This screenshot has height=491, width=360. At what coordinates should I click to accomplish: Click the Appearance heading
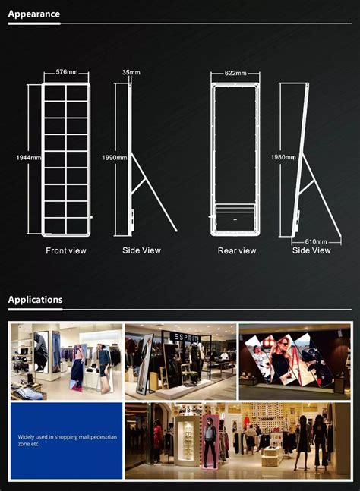(x=33, y=14)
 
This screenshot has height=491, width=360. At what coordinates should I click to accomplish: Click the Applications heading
(x=35, y=300)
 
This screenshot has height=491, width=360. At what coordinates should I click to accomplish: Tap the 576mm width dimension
(x=66, y=73)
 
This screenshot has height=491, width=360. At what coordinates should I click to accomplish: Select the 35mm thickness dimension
(x=131, y=73)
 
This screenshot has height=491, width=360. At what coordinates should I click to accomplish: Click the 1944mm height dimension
(x=28, y=157)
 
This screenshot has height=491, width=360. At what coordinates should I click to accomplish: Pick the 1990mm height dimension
(x=113, y=157)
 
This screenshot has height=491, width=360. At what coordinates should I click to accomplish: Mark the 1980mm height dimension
(x=283, y=157)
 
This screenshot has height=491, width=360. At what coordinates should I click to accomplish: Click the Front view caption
(x=66, y=250)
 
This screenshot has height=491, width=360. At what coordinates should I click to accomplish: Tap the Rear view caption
(x=236, y=250)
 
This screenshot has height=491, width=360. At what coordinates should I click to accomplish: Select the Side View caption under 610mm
(x=311, y=250)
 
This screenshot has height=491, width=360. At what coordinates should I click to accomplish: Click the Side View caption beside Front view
(x=141, y=250)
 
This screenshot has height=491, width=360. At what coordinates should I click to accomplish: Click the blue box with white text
(x=66, y=441)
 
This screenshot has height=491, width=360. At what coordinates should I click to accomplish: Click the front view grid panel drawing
(x=66, y=159)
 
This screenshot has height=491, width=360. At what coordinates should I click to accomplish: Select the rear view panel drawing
(x=235, y=159)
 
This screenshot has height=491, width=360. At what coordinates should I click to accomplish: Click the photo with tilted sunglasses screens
(x=294, y=361)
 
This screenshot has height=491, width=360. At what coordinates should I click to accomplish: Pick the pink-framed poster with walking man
(x=210, y=440)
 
